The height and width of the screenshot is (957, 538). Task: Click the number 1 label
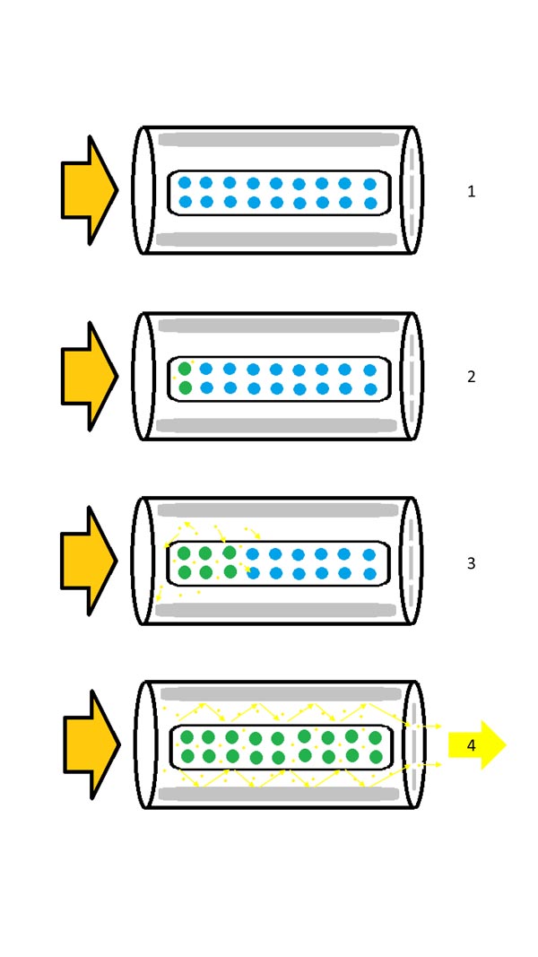coord(471,192)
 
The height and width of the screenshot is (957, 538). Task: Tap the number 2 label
coord(471,378)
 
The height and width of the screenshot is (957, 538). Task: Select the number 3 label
coord(471,563)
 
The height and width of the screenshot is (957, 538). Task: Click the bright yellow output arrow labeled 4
coord(477,744)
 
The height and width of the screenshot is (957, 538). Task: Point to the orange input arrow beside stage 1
coord(89,190)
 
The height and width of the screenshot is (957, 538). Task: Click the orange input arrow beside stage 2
coord(89,377)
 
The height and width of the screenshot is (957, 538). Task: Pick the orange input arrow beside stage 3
coord(89,561)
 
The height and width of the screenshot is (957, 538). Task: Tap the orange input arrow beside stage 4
coord(91,744)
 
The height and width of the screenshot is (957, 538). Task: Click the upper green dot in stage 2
coord(185,369)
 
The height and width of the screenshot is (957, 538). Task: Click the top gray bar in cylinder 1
coord(279,139)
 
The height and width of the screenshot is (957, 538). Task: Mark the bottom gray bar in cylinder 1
coord(277,239)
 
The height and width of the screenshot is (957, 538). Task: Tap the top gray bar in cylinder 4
coord(282,694)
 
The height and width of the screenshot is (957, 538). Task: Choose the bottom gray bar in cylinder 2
coord(277,425)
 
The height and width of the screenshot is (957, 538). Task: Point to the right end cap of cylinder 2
coord(412,376)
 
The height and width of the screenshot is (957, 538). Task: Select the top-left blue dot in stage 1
coord(185,182)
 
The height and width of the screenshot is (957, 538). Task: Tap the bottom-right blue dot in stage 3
coord(369,574)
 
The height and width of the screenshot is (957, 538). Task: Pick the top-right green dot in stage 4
coord(375,737)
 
